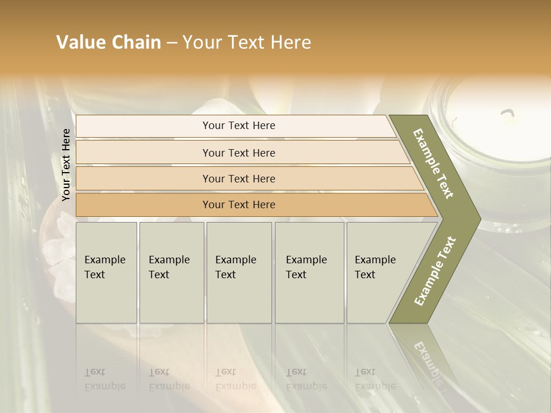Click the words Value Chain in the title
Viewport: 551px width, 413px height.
pyautogui.click(x=108, y=42)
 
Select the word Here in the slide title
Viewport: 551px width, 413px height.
pyautogui.click(x=290, y=42)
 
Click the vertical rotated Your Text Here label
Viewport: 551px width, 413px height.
pyautogui.click(x=66, y=165)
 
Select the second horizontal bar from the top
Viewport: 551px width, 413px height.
pyautogui.click(x=239, y=153)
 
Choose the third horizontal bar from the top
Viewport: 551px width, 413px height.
pyautogui.click(x=239, y=178)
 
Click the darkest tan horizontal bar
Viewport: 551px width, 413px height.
pyautogui.click(x=239, y=205)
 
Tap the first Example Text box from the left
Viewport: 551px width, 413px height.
pyautogui.click(x=106, y=272)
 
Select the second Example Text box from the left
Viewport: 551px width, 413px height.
pyautogui.click(x=171, y=272)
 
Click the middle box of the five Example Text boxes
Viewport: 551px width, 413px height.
pyautogui.click(x=239, y=272)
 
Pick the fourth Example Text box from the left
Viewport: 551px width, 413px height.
pyautogui.click(x=309, y=272)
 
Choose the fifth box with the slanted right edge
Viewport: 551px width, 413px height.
pyautogui.click(x=379, y=272)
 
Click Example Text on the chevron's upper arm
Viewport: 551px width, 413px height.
pyautogui.click(x=433, y=163)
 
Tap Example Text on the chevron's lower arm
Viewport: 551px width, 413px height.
pyautogui.click(x=434, y=271)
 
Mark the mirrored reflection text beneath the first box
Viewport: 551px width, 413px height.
pyautogui.click(x=104, y=379)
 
